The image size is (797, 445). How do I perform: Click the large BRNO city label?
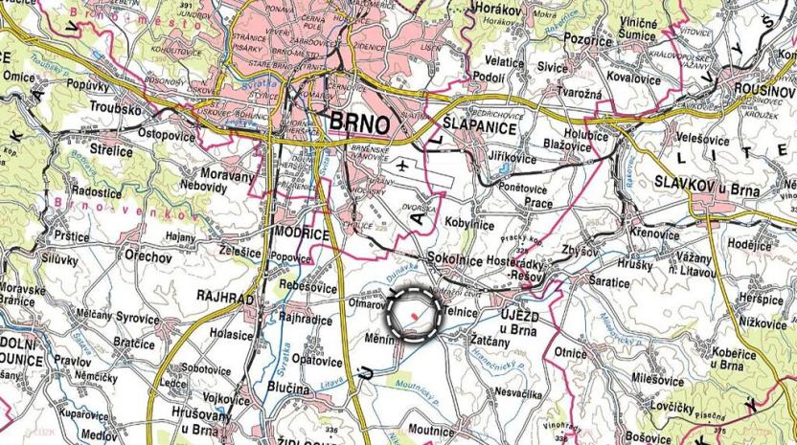point(359,123)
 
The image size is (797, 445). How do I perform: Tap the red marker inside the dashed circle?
point(413,313)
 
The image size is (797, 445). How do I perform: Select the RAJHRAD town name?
point(225,300)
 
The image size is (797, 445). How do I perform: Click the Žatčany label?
point(490,338)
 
